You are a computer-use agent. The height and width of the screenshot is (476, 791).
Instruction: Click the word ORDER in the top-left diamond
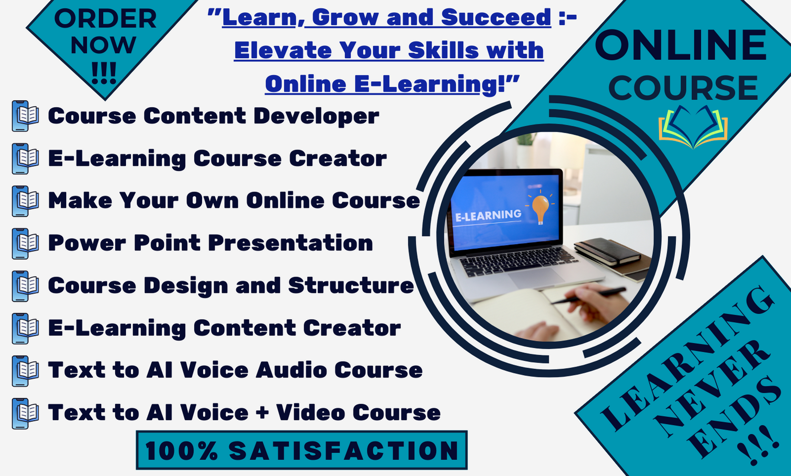coord(105,19)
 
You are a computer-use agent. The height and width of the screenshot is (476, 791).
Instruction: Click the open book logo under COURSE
coord(693,127)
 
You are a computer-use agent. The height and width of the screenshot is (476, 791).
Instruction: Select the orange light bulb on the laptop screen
coord(540,208)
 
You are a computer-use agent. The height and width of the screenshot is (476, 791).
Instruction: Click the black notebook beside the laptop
coord(608,251)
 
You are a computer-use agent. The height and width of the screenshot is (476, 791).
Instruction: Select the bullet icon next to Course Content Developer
coord(25,116)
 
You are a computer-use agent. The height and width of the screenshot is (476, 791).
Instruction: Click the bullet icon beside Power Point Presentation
coord(25,243)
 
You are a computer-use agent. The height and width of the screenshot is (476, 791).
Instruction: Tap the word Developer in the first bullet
coord(316,116)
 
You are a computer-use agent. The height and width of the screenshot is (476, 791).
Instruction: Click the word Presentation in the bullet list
coord(290,243)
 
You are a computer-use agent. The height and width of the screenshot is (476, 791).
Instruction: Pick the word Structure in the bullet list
coord(351,286)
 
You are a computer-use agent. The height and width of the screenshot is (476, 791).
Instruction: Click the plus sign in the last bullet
coord(262,413)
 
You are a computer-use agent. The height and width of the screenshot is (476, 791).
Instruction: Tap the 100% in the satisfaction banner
coord(181,451)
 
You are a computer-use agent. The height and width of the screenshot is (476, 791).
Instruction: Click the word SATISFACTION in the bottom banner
coord(344,451)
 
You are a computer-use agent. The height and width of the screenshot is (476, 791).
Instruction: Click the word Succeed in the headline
coord(496,17)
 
